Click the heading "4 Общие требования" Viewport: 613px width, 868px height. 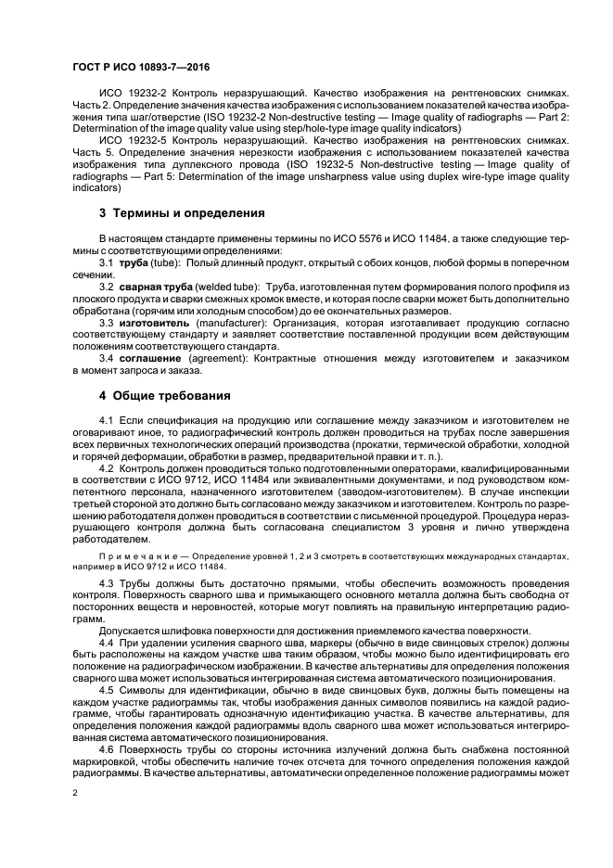click(165, 395)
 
